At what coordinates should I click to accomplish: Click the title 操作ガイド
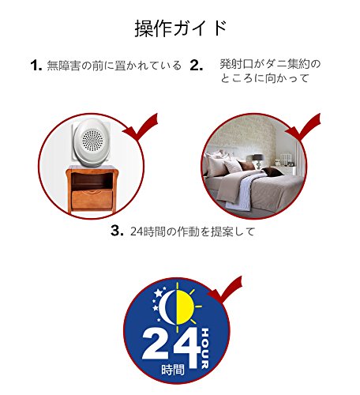click(x=181, y=28)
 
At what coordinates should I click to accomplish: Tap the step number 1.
click(x=36, y=65)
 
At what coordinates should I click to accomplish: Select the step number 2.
click(x=197, y=65)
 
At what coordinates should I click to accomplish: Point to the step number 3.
click(x=117, y=231)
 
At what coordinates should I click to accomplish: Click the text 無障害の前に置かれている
click(x=114, y=66)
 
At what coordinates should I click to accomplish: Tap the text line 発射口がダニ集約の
click(x=270, y=64)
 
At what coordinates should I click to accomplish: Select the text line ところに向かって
click(x=264, y=78)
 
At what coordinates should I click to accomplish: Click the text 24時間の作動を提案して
click(x=193, y=231)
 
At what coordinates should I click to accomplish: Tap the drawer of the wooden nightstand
click(x=92, y=199)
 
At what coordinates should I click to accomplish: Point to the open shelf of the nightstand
click(x=92, y=181)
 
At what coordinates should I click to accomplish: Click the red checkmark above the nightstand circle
click(x=141, y=126)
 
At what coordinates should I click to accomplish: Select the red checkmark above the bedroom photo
click(x=303, y=126)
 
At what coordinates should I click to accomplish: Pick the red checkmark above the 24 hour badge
click(x=225, y=290)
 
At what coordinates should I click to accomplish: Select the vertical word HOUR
click(x=204, y=348)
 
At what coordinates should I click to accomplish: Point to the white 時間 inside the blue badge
click(x=173, y=370)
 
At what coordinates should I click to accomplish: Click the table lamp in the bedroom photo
click(x=258, y=160)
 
